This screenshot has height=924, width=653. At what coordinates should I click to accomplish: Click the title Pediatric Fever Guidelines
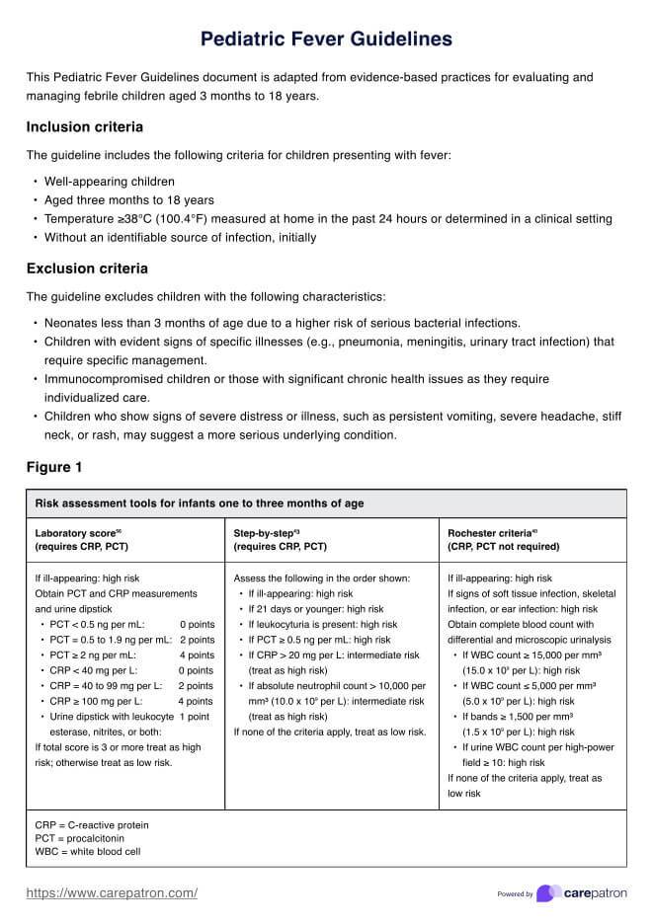tap(326, 38)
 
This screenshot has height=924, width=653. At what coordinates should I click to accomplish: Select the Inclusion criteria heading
tap(85, 127)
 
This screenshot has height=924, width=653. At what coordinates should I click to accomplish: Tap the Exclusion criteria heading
tap(87, 269)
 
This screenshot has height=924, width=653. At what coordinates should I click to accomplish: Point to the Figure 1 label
tap(61, 467)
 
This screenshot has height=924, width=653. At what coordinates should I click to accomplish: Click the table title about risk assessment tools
tap(199, 503)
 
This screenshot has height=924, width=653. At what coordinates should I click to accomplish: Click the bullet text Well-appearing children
tap(110, 182)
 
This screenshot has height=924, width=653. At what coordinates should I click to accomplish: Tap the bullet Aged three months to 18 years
tap(129, 200)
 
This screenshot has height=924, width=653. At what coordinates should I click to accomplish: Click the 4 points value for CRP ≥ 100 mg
tap(196, 701)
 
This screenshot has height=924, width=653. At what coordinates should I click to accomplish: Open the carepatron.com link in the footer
tap(112, 893)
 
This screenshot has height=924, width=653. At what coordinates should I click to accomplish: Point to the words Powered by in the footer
tap(515, 894)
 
